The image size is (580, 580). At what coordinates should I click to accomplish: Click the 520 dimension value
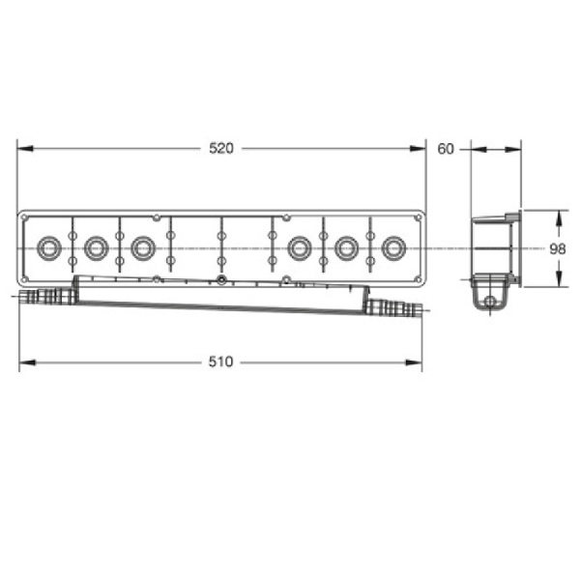(221, 148)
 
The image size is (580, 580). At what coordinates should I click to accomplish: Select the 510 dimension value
(220, 362)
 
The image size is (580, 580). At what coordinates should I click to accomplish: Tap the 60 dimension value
(446, 149)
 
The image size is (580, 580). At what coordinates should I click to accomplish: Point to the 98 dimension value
(558, 249)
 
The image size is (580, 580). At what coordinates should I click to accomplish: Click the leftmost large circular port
(49, 247)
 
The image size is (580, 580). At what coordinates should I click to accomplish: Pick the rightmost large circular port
(393, 247)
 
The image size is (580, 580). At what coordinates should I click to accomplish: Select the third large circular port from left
(143, 247)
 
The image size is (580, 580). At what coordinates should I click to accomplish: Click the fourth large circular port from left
(300, 247)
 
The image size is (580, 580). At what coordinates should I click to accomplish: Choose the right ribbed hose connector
(394, 309)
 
